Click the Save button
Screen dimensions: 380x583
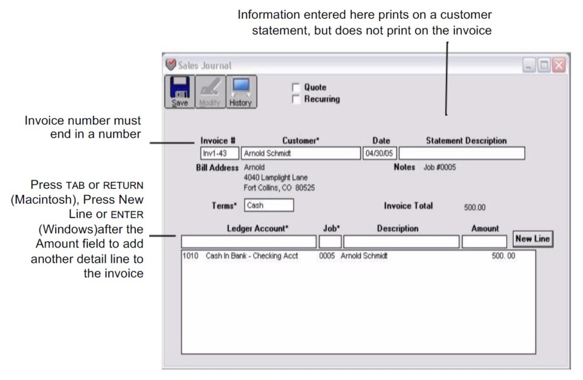point(179,92)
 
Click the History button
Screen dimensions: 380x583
point(241,92)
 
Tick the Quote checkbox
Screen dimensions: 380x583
point(295,88)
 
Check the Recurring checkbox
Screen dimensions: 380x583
point(295,99)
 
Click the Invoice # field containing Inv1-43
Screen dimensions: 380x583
point(219,154)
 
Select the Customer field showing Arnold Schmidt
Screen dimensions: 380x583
point(301,154)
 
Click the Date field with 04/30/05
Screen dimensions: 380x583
point(379,154)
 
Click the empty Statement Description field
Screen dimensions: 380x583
point(462,154)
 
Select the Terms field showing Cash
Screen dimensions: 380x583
point(269,205)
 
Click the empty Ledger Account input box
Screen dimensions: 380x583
point(248,241)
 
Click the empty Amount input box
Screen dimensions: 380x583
point(484,241)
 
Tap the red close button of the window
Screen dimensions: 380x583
point(559,65)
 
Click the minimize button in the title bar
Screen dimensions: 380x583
point(529,65)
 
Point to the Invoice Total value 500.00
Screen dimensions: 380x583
point(475,208)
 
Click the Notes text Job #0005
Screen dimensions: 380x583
point(440,168)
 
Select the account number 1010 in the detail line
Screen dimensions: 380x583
point(190,256)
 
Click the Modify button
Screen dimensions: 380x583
point(210,92)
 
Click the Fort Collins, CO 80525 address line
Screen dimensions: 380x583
point(279,188)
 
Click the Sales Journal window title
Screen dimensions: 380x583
point(204,65)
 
